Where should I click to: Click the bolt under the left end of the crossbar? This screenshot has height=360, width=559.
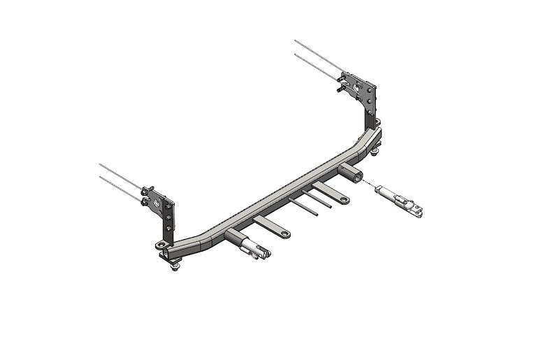(x=175, y=266)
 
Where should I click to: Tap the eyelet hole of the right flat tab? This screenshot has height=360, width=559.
(x=344, y=201)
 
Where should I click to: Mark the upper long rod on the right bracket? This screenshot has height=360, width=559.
(x=318, y=54)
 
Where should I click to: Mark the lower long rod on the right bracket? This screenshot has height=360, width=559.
(x=318, y=66)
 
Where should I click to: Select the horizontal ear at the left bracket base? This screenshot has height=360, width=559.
(x=161, y=245)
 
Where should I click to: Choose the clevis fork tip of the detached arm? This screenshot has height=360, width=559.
(x=419, y=208)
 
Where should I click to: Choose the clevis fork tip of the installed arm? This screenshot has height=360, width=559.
(x=263, y=255)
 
